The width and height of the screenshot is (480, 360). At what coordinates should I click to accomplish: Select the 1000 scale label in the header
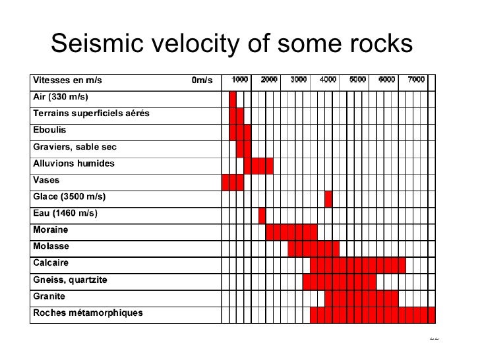tap(239, 80)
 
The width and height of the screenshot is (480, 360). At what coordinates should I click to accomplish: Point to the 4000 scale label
tap(328, 80)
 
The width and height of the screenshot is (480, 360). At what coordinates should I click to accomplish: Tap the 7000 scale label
tap(417, 80)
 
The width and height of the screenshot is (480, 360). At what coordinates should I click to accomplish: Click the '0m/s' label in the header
tap(202, 80)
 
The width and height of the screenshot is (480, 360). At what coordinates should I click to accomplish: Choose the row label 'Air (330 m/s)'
tap(61, 97)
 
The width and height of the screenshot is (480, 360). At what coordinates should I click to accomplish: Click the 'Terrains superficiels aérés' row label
tap(91, 113)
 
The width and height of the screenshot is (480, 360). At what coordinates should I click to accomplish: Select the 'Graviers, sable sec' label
tap(75, 147)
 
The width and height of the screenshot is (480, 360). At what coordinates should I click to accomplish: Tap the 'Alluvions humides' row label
tap(74, 164)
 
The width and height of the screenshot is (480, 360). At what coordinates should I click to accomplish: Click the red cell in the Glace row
tap(328, 198)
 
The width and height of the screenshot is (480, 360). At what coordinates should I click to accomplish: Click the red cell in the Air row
tap(233, 98)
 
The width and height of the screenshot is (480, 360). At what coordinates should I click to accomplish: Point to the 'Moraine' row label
tap(51, 231)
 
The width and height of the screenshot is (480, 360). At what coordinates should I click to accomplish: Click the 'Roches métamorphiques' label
tap(88, 313)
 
